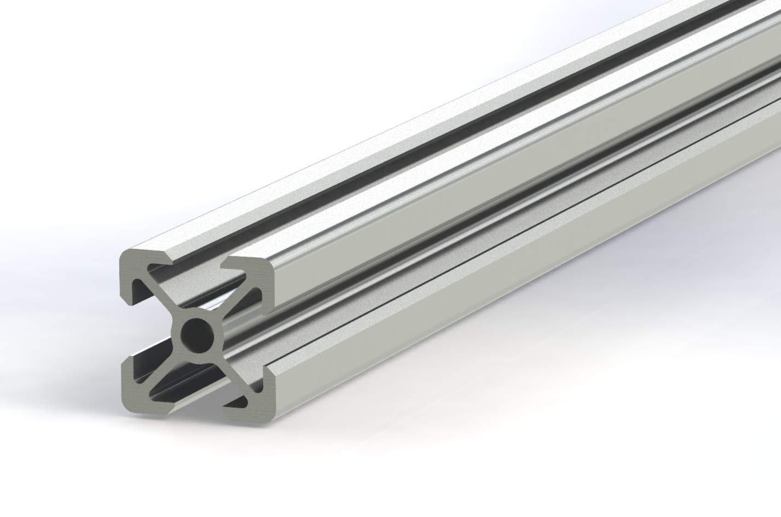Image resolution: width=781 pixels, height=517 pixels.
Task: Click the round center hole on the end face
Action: pyautogui.click(x=196, y=333)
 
